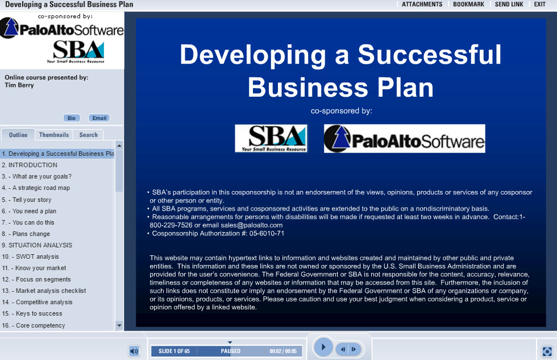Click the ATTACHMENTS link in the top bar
point(422,4)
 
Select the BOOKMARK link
point(468,4)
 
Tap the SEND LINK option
point(509,4)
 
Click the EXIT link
point(539,4)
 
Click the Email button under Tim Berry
point(99,118)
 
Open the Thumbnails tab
point(54,135)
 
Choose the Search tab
point(89,135)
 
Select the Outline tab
point(18,135)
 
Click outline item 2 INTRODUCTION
point(30,165)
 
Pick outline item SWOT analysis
point(31,256)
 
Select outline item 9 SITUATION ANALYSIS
point(37,245)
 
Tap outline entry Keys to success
point(32,313)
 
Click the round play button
point(323,347)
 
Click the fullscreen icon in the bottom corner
point(547,351)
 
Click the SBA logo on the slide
point(271,138)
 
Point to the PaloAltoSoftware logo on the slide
point(405,139)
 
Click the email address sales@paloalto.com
point(251,225)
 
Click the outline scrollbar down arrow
point(119,325)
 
